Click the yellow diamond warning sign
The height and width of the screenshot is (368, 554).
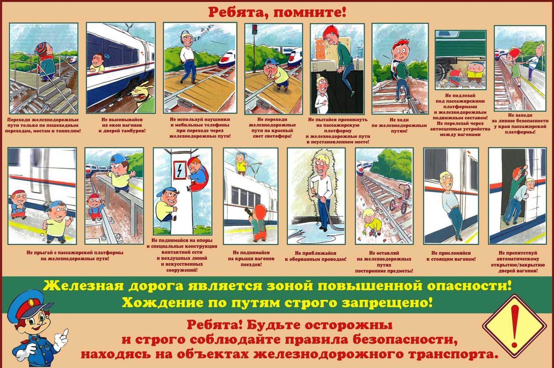coord(514,326)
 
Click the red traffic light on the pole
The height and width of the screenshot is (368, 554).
coord(255,30)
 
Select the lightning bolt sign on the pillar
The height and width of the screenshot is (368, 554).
coord(180,170)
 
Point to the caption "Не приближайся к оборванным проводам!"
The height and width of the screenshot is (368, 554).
coord(316,256)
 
